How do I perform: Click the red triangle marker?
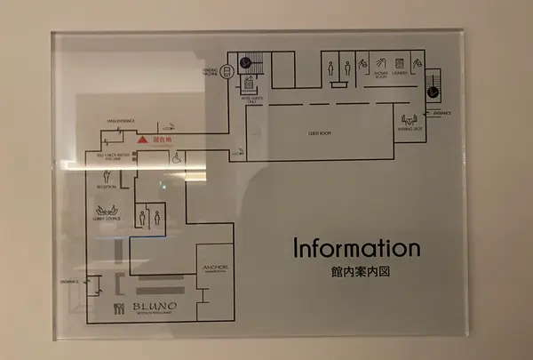[139, 140]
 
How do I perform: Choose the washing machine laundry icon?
[399, 64]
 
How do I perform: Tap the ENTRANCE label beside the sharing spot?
[442, 113]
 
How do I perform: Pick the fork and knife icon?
[118, 309]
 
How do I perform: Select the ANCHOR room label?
[215, 268]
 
